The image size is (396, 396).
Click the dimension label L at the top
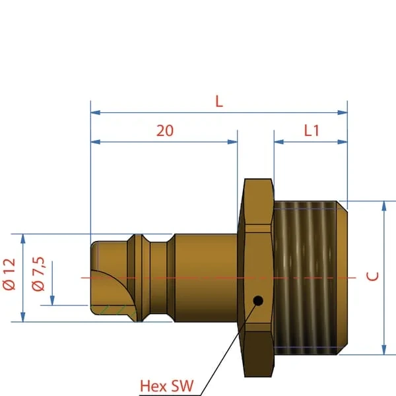coord(219,102)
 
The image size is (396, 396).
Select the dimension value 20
coord(165,131)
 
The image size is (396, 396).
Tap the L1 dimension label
coord(312,131)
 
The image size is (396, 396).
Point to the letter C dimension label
coord(372,277)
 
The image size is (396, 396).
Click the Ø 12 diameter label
coord(9,274)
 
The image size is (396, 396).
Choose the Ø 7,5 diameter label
coord(38,274)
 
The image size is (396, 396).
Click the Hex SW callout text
coord(167,386)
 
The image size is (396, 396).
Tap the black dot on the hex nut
coord(258,300)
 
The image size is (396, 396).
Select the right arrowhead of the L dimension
coord(343,112)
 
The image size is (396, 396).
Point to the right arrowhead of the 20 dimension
coord(232,142)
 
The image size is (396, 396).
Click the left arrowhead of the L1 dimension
coord(279,142)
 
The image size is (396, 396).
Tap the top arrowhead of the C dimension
coord(384,206)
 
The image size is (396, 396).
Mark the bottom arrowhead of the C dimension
coord(384,350)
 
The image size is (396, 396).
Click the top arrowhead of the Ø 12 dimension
coord(23,239)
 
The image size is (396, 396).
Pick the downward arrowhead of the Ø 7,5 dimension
coord(52,300)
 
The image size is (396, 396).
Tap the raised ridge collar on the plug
coord(138,278)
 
